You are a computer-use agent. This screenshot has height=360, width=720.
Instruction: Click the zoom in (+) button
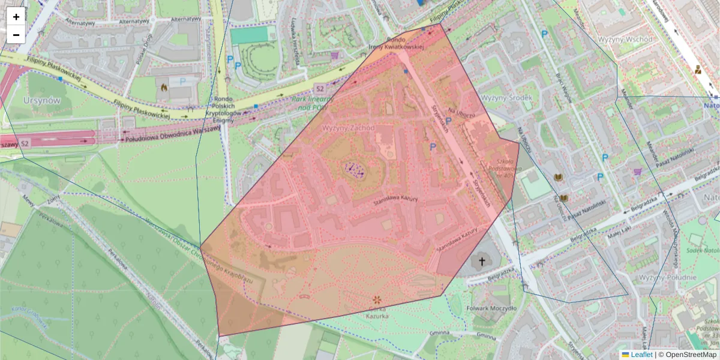coord(16,17)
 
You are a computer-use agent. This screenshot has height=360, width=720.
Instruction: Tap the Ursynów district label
coord(41,100)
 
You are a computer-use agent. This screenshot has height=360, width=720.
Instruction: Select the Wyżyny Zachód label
coord(348,128)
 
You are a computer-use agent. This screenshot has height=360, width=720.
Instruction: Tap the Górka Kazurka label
coord(377,311)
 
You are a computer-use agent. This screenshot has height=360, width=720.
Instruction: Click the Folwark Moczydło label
coord(491,308)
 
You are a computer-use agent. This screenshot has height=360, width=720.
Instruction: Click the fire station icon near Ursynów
coord(164,87)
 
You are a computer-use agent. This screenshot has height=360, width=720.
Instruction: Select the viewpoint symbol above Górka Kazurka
coord(377,299)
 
